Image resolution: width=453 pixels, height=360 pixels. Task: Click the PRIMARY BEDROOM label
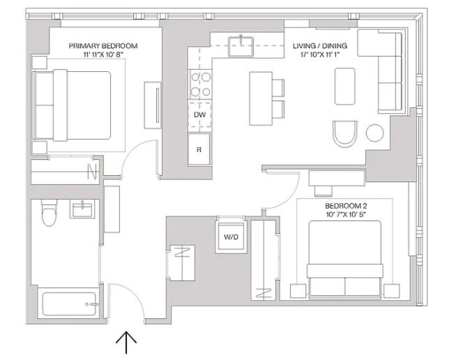(x=103, y=45)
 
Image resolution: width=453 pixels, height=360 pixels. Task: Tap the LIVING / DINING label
(x=320, y=45)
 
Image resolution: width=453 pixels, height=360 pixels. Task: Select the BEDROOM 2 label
(x=346, y=206)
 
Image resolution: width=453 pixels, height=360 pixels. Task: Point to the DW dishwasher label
(x=199, y=115)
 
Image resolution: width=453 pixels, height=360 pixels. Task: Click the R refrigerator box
(x=199, y=149)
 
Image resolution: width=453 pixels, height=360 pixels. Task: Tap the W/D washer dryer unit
(x=231, y=237)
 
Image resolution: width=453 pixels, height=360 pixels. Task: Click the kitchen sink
(x=240, y=46)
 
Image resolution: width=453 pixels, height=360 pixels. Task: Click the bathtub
(x=69, y=304)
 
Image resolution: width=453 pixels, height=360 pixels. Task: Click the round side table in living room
(x=375, y=133)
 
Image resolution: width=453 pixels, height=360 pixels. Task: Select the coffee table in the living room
(x=345, y=87)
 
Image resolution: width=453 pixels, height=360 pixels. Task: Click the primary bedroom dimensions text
(x=103, y=54)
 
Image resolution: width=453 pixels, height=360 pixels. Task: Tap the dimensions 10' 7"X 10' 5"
(x=346, y=215)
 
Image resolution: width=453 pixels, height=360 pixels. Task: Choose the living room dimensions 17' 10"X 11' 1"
(x=320, y=54)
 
